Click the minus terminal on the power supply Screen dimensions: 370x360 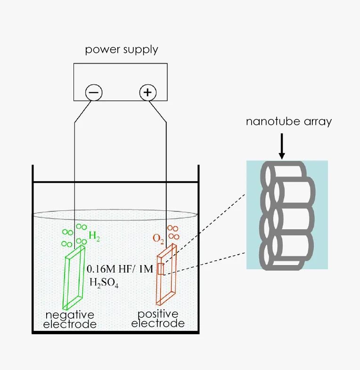pos(93,93)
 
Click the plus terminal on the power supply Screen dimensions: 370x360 pos(147,93)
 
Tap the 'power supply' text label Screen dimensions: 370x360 pos(121,50)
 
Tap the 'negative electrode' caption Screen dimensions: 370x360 pos(70,319)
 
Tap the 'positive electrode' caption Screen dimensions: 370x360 pos(158,319)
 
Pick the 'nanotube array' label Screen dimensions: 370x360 pos(288,121)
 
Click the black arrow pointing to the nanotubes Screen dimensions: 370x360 pos(282,146)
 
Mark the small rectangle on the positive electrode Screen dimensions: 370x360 pos(160,269)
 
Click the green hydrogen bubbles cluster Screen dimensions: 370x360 pos(74,236)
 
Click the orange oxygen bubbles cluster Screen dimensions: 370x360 pos(173,232)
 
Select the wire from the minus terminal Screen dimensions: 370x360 pos(75,165)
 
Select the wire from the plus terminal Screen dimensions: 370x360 pos(167,165)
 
